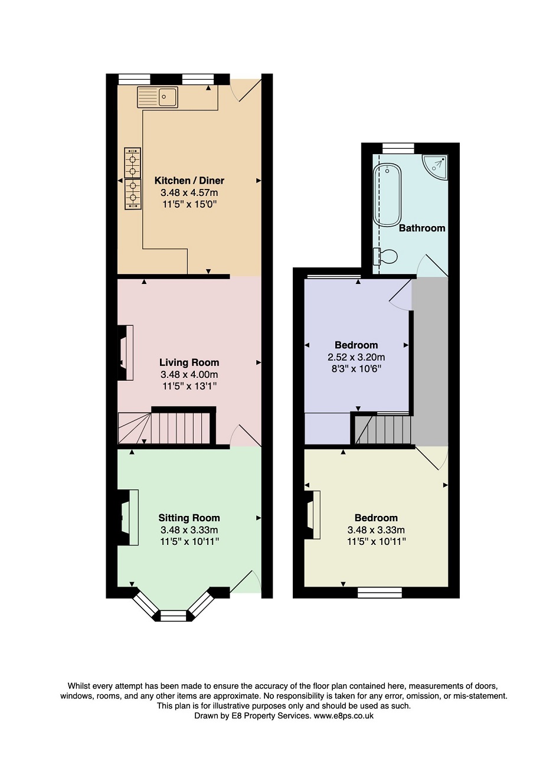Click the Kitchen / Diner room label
189,181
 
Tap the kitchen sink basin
168,97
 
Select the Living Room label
189,362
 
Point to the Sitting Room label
189,518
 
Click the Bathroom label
422,228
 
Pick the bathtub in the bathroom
387,195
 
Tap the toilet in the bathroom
385,256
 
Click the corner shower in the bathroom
436,167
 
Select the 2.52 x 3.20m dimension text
356,357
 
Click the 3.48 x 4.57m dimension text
189,192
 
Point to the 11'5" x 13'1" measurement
189,386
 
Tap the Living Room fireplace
126,353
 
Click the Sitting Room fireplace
128,517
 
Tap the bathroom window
398,148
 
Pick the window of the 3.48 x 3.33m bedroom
380,592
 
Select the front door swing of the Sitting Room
246,581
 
